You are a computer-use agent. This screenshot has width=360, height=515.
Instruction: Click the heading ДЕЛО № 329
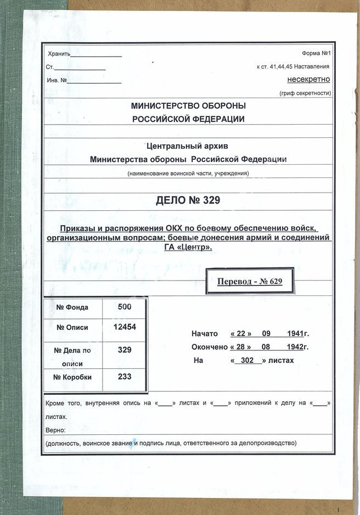click(x=188, y=200)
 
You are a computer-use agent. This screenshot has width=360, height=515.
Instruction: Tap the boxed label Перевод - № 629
click(x=250, y=282)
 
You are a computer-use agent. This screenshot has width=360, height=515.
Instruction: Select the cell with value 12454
click(x=125, y=327)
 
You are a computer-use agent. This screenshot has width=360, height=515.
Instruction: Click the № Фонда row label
click(x=72, y=307)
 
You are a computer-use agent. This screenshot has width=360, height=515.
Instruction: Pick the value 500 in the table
click(x=125, y=307)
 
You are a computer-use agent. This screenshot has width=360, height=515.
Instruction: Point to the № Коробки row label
click(x=72, y=377)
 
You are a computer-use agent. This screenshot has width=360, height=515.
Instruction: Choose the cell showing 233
click(x=125, y=377)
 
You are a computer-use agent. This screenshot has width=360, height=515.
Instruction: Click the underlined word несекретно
click(x=308, y=79)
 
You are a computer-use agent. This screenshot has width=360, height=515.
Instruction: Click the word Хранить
click(x=59, y=54)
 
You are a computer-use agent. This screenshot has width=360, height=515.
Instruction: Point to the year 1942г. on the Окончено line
click(x=298, y=347)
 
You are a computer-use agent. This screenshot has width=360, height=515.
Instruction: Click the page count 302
click(x=247, y=361)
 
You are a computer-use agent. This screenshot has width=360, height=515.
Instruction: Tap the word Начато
click(x=205, y=334)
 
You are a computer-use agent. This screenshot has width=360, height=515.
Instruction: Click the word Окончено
click(x=209, y=347)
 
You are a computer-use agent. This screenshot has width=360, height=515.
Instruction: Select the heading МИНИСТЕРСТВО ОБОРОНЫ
click(x=188, y=106)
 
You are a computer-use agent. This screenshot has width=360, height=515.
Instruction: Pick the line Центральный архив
click(x=188, y=146)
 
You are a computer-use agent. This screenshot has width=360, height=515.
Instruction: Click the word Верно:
click(x=55, y=430)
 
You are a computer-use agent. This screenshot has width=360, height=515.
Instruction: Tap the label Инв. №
click(x=57, y=80)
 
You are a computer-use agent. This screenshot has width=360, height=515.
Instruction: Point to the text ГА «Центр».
click(x=188, y=248)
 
